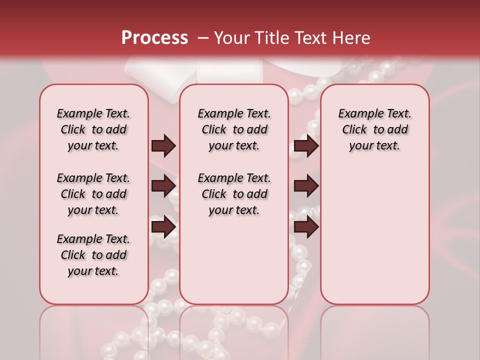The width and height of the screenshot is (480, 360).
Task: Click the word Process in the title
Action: (154, 38)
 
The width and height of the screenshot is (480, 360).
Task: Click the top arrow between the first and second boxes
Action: (163, 146)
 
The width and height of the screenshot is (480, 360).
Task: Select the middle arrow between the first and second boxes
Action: (163, 186)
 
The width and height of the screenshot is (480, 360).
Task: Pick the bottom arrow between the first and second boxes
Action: (163, 227)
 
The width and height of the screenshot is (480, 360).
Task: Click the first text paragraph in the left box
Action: (93, 129)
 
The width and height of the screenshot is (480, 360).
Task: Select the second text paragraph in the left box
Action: (93, 194)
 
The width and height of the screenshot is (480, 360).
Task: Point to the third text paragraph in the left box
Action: (93, 255)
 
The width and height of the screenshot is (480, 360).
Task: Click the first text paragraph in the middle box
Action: (234, 129)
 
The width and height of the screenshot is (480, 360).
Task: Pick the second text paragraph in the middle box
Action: (234, 194)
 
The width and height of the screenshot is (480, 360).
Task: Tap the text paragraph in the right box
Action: (375, 129)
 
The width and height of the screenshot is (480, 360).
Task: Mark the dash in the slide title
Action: (203, 38)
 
